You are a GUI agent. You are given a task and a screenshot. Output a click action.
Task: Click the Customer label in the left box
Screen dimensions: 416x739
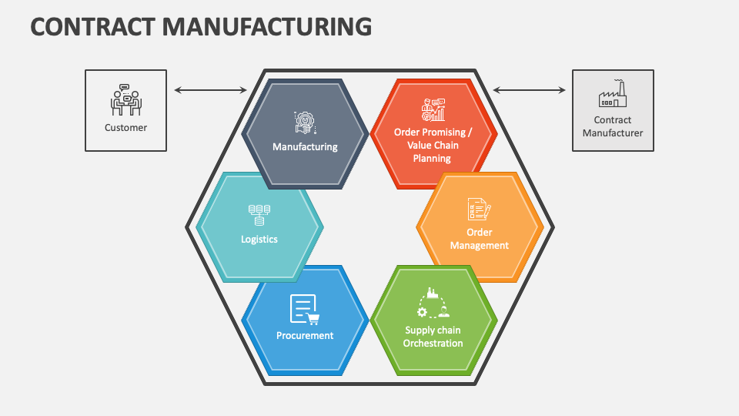125,128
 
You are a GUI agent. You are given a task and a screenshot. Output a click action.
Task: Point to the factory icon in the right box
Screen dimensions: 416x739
613,95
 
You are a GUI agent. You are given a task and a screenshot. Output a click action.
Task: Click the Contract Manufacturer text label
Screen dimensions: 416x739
613,126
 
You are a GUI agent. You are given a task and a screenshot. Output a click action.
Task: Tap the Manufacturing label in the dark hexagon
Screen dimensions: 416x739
305,147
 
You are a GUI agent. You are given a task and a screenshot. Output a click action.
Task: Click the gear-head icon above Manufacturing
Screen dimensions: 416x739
305,122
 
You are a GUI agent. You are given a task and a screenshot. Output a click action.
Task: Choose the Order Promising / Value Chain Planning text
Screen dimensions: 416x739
433,145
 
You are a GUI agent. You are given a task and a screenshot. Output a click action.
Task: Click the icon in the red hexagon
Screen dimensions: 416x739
433,110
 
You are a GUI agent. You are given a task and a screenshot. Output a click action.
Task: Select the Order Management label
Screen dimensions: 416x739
479,239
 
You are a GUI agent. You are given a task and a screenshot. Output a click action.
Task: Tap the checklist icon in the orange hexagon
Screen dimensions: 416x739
479,209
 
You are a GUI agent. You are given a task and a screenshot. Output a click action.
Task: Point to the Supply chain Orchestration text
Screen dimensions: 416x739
433,337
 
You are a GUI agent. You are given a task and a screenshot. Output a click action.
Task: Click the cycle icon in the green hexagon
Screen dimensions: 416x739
433,304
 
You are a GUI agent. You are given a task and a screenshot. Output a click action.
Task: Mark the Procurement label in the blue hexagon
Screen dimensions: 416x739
305,336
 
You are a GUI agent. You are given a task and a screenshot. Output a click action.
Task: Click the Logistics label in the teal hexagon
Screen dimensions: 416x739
259,240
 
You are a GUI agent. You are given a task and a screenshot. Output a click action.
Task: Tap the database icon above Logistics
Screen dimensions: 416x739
259,214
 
